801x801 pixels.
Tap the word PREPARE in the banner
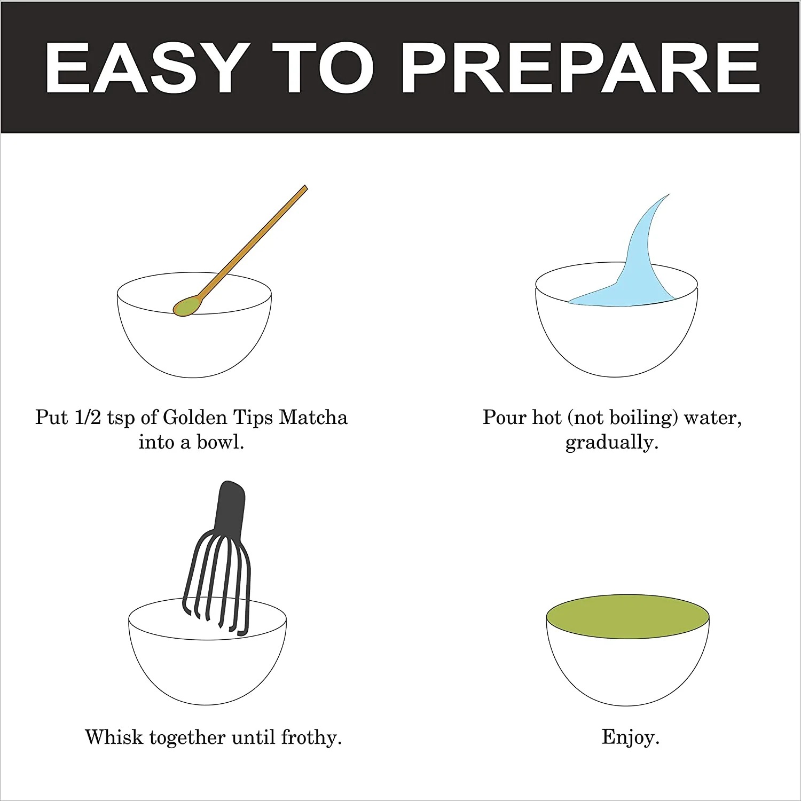coord(581,68)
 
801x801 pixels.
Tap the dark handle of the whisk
coord(229,507)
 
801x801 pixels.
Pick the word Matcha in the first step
coord(313,417)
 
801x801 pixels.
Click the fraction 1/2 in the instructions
coord(88,417)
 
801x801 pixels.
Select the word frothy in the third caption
coord(311,737)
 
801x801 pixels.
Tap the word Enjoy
coord(631,737)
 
